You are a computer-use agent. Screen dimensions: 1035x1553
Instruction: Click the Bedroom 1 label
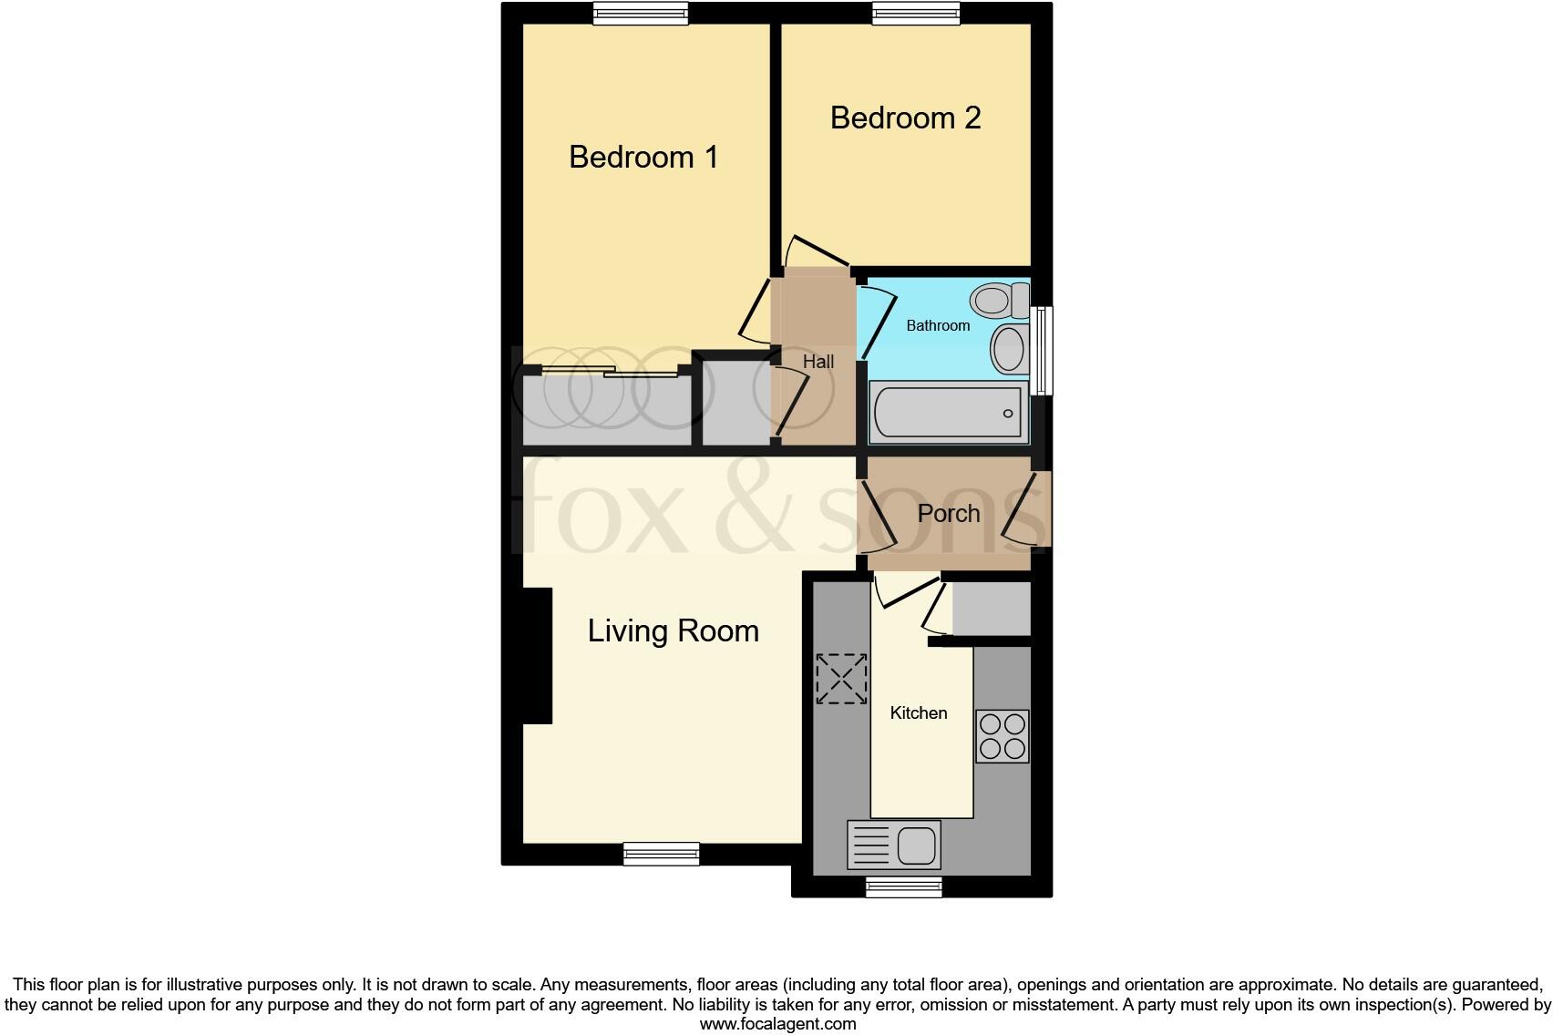[643, 157]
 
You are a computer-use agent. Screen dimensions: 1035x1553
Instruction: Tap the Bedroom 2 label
[905, 118]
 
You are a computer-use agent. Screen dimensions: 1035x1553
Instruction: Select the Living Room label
[673, 630]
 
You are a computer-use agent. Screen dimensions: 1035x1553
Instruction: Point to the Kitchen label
[919, 712]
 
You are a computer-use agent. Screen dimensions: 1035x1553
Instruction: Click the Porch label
[948, 513]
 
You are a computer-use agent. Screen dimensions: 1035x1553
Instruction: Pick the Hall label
[818, 362]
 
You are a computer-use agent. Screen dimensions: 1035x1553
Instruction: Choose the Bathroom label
[937, 325]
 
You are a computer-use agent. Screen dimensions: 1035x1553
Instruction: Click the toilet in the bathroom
[998, 299]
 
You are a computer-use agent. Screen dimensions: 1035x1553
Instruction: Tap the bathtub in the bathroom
[949, 412]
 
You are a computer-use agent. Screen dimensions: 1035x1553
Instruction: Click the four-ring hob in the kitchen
[1002, 736]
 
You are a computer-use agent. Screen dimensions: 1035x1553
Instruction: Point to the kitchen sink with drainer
[893, 845]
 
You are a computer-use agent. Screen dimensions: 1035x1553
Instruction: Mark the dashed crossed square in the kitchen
[840, 678]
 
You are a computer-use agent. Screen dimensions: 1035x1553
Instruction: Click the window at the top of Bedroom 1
[640, 13]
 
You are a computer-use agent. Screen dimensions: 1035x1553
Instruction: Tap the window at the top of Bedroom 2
[916, 13]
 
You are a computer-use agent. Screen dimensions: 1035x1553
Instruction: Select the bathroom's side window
[1043, 350]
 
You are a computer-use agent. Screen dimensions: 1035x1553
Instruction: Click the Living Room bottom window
[662, 854]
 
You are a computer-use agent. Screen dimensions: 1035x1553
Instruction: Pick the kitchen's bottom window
[903, 886]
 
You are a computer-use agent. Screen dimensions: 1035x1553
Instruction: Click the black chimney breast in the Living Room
[537, 656]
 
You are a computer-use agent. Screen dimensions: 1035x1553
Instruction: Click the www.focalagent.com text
[777, 1024]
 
